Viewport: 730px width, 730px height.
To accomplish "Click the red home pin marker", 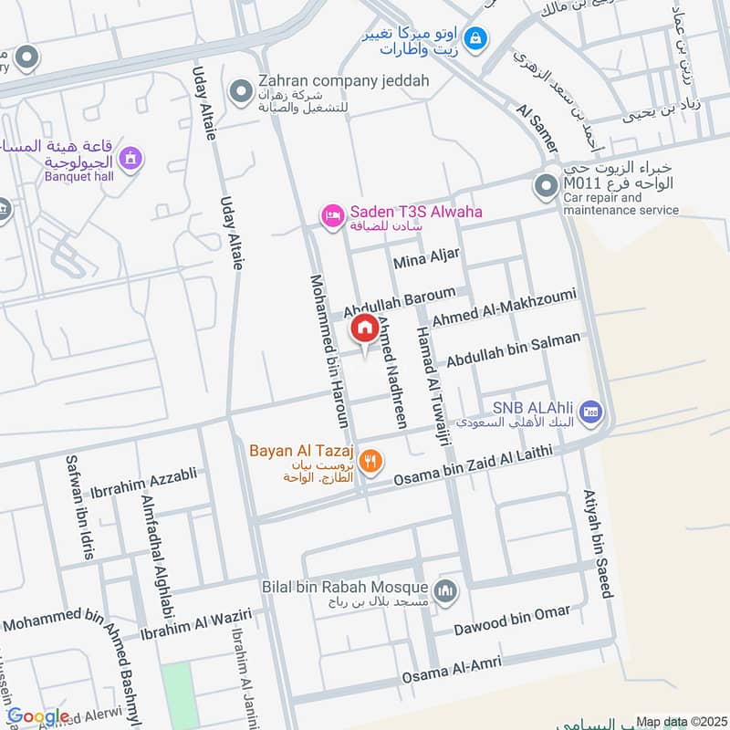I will (365, 328).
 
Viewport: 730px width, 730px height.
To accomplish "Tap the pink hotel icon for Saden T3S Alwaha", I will (331, 215).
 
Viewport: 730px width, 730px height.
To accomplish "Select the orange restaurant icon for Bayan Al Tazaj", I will (370, 461).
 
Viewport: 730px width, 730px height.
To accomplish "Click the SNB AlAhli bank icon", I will (590, 412).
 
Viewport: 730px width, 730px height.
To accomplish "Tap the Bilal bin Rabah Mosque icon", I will (446, 591).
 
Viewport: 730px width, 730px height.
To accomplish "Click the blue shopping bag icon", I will (474, 38).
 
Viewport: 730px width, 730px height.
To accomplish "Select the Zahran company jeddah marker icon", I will (241, 90).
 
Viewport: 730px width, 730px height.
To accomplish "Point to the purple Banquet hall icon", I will (132, 159).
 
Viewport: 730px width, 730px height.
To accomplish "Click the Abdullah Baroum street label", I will (399, 299).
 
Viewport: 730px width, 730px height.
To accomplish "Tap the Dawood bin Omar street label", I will (513, 620).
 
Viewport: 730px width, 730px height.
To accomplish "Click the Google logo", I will (38, 716).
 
